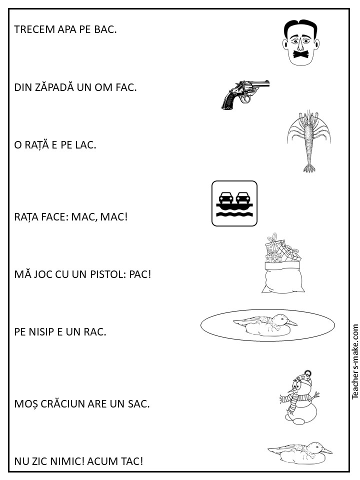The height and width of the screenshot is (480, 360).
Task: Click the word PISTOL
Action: pos(107,274)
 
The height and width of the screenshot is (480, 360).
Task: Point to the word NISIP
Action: pos(42,332)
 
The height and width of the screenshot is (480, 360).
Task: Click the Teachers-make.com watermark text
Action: pos(355,361)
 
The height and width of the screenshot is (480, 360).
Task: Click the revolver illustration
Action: pos(245,94)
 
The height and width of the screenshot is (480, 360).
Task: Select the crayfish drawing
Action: pos(308,141)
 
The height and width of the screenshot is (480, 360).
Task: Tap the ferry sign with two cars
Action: pos(234,203)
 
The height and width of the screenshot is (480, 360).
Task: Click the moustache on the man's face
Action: pos(300,54)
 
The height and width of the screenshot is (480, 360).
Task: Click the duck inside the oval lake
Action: pos(265,325)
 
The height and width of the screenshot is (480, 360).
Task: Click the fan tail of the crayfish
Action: pos(309,168)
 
